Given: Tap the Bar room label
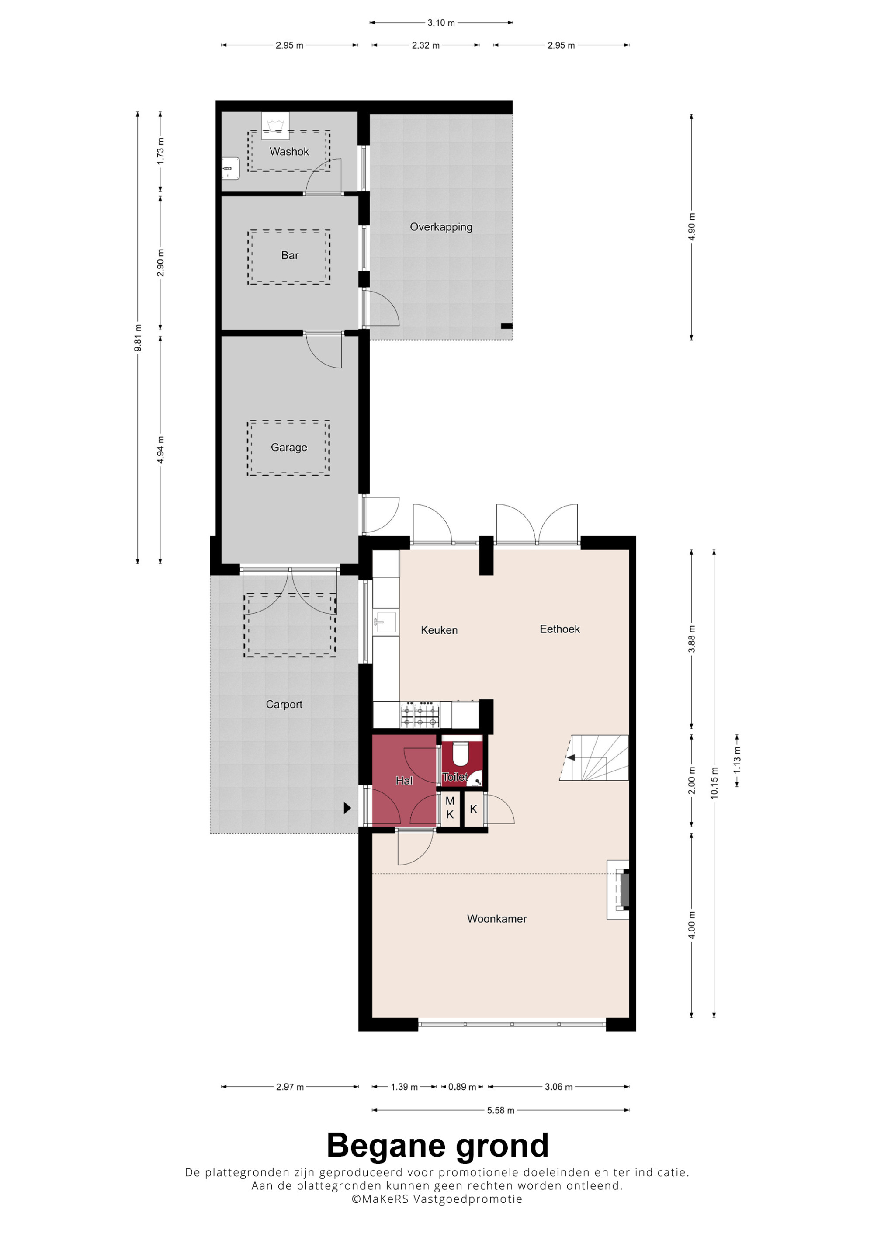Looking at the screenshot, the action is tap(290, 255).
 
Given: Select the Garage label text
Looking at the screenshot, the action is tap(289, 447).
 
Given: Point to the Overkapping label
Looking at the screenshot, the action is tap(441, 227).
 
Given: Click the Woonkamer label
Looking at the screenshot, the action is tap(496, 919).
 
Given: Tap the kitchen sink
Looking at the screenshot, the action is tap(385, 622).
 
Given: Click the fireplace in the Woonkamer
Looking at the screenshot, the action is tap(619, 890).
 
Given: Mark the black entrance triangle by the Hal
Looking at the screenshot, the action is tap(347, 808).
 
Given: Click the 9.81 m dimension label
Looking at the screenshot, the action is tap(138, 338).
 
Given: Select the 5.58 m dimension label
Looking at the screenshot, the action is tap(500, 1110).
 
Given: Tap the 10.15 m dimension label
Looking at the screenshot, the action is tap(714, 783).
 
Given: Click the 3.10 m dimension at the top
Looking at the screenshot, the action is tap(441, 23).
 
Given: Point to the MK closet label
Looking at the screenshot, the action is tap(450, 808).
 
